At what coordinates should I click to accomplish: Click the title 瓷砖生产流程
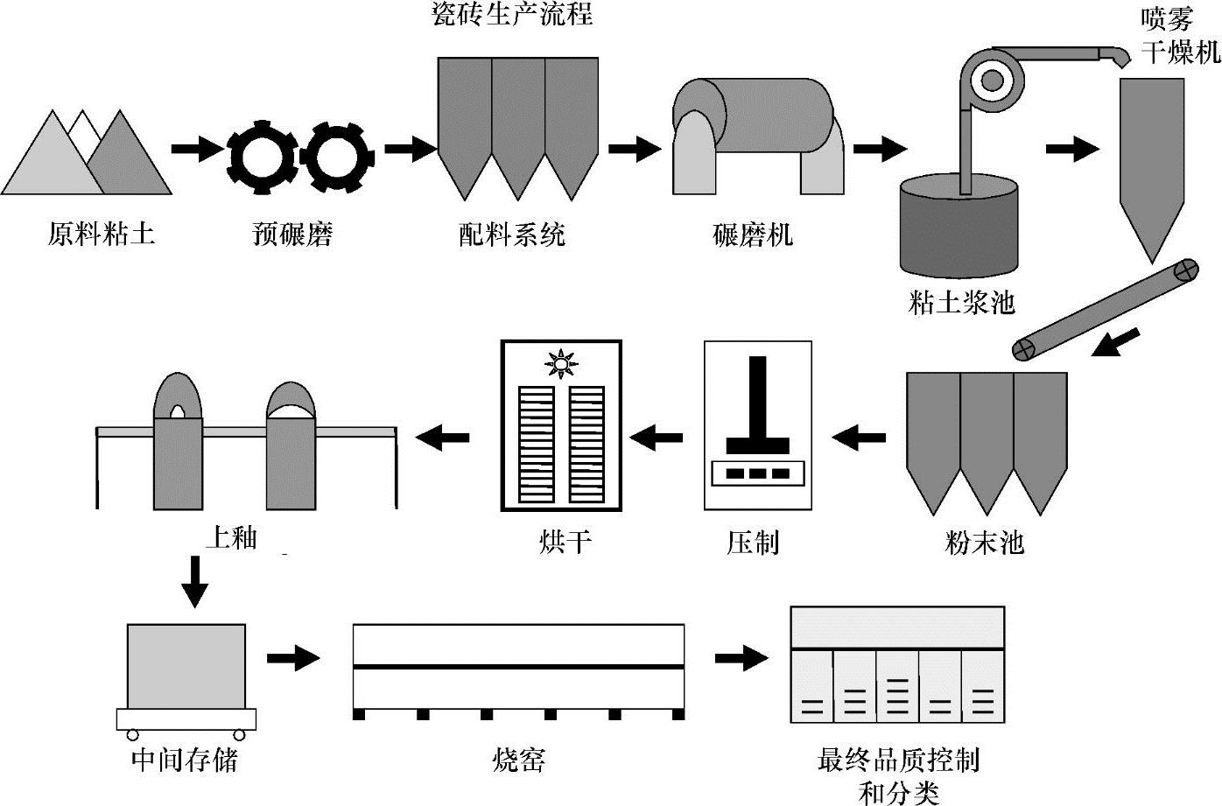513,16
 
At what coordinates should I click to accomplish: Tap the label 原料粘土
101,235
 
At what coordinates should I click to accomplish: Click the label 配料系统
512,235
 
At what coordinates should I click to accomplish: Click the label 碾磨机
753,235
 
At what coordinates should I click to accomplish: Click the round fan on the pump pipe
992,81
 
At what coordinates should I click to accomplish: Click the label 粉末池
984,543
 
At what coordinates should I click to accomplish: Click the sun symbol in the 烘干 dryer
560,362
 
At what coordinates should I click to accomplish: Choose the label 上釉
231,537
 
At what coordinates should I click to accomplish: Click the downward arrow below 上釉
193,581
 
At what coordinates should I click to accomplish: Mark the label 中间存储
184,759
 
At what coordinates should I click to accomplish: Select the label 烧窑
518,759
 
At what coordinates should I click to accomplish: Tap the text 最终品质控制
898,759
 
